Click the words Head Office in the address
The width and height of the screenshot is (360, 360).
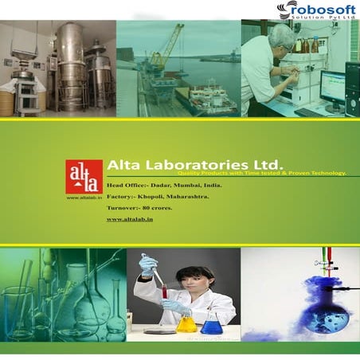coord(127,184)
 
